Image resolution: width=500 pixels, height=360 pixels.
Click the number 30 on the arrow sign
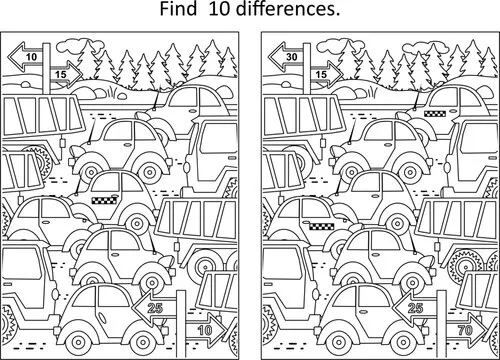click(x=290, y=59)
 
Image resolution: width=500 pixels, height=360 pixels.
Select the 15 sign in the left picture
click(x=61, y=72)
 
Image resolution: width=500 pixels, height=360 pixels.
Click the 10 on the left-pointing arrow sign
click(x=33, y=59)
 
